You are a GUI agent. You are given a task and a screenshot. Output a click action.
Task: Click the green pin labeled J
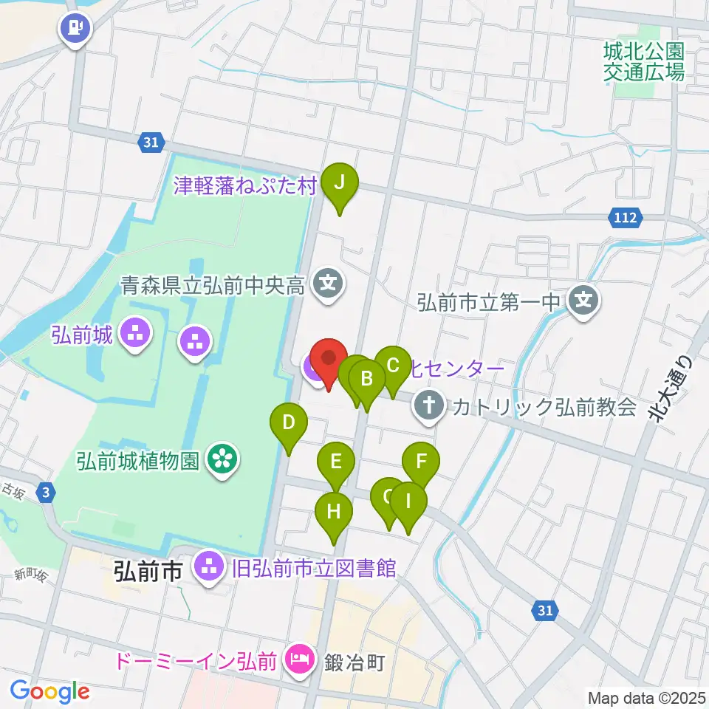[x=339, y=182]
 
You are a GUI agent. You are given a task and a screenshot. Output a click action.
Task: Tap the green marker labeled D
[x=289, y=423]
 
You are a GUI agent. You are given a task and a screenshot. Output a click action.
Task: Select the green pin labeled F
[x=421, y=462]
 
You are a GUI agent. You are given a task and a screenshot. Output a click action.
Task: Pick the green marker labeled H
[x=334, y=510]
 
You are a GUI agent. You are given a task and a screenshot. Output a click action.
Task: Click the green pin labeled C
[x=393, y=365]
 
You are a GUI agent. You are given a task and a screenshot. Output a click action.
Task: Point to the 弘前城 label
[x=82, y=335]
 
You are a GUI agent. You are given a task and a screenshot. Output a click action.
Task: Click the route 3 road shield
[x=47, y=492]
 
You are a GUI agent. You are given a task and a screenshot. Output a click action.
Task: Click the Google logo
[x=49, y=691]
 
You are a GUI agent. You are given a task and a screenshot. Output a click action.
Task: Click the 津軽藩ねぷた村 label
[x=244, y=185]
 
